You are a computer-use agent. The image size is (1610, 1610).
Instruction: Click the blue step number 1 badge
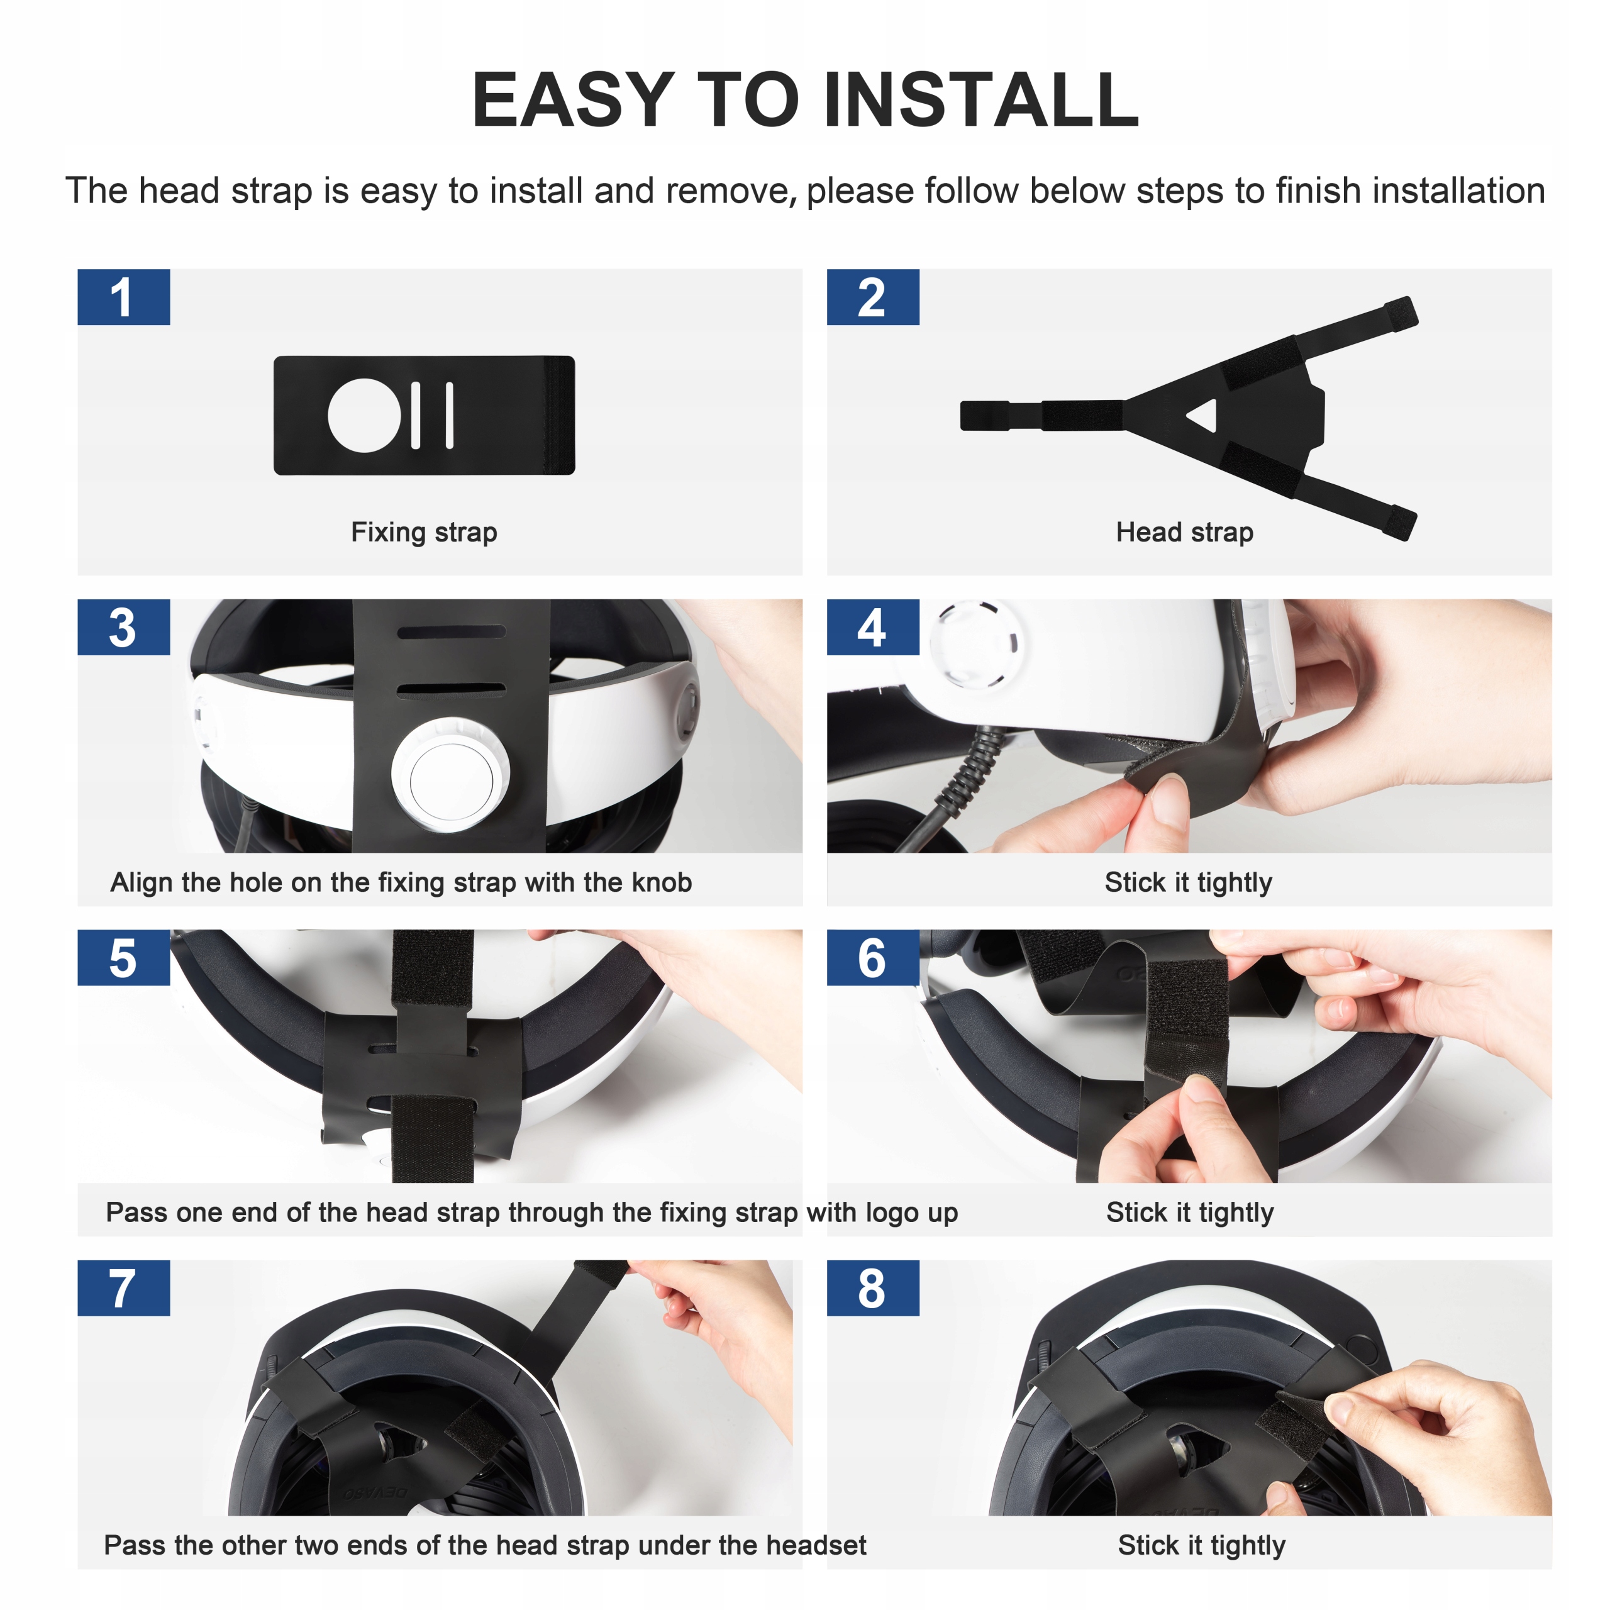(123, 297)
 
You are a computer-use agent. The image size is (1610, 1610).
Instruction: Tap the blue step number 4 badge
(872, 626)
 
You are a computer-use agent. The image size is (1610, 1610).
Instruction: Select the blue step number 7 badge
(123, 1287)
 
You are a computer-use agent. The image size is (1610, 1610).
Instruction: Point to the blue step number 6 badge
(872, 957)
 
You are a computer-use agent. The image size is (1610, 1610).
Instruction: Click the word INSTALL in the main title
(981, 100)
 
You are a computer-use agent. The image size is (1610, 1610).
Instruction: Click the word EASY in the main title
(574, 100)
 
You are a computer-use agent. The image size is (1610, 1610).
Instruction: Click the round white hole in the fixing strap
(364, 415)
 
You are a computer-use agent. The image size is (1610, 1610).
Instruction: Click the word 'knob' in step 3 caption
(662, 882)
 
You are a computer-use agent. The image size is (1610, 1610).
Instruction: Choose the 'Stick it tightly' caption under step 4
(1189, 882)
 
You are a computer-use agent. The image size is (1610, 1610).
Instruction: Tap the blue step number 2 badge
(872, 297)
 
